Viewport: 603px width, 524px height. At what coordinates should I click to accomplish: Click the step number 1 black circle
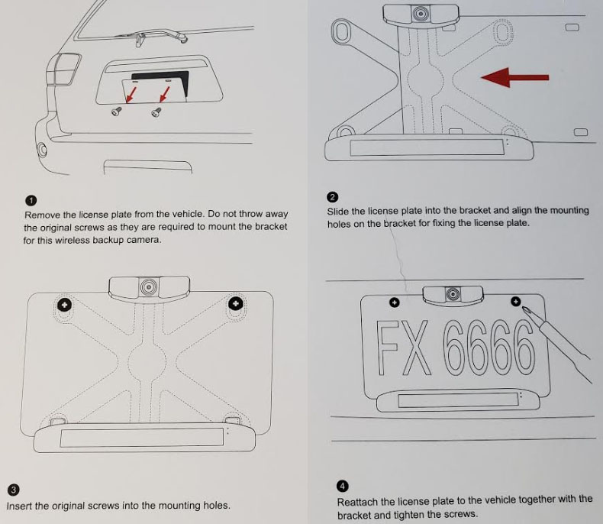(x=31, y=200)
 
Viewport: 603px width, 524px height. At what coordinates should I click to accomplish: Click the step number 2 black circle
(x=332, y=197)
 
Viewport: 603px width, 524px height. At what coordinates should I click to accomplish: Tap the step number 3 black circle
(x=13, y=490)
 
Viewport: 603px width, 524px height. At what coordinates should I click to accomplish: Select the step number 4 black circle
(x=342, y=487)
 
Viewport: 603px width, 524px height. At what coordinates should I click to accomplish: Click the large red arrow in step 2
(x=514, y=77)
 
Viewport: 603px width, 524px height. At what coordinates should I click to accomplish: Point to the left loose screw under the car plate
(x=116, y=112)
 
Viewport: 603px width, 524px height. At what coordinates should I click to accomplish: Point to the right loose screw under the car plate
(x=156, y=112)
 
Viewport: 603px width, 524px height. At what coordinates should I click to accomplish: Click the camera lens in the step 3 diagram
(x=149, y=286)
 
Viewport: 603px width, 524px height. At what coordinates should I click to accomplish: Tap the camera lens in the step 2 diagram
(x=421, y=15)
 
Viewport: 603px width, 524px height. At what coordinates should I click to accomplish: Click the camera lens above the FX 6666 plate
(x=453, y=294)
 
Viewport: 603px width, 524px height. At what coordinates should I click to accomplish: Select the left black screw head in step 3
(x=64, y=305)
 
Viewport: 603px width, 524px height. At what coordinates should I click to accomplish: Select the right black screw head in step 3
(x=235, y=303)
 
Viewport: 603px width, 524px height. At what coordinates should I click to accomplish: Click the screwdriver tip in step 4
(x=522, y=307)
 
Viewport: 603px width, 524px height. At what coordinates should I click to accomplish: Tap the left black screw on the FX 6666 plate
(x=394, y=302)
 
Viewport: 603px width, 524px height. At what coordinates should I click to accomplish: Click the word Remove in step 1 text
(x=42, y=215)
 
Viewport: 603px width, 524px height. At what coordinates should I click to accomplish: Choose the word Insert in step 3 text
(x=19, y=506)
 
